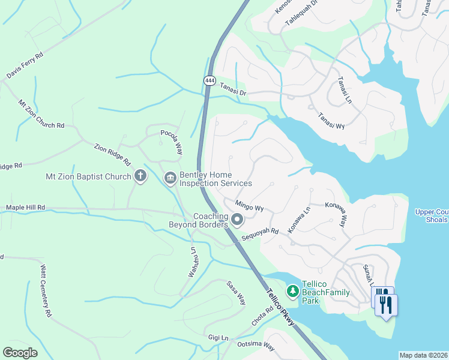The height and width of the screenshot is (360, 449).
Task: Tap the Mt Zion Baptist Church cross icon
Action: click(140, 176)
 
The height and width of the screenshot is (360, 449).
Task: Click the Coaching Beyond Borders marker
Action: click(237, 220)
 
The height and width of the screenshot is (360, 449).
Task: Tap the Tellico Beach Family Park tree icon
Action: click(292, 292)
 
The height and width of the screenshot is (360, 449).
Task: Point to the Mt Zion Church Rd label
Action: click(41, 114)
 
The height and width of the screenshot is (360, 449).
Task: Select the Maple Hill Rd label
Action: click(25, 208)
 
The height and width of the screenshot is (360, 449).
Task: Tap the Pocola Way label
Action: click(171, 142)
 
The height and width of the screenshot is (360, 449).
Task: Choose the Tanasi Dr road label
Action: click(233, 89)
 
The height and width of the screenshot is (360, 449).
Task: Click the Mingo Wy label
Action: click(250, 205)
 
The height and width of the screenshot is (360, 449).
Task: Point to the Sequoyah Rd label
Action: click(261, 234)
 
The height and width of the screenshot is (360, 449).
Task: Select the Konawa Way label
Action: click(336, 213)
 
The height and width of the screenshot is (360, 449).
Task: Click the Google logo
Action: click(20, 353)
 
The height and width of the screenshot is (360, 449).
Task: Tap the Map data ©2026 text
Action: click(423, 355)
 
